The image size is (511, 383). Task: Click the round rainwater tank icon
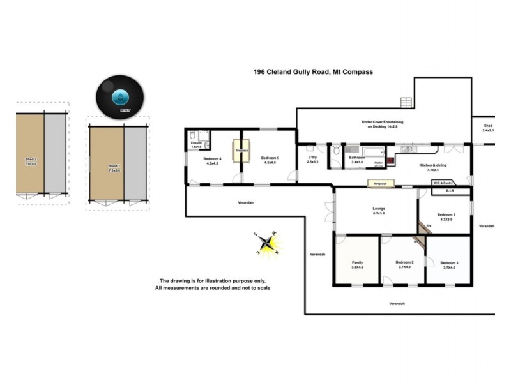coord(119,96)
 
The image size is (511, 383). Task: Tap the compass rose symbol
coord(268,243)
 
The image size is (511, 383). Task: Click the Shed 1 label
coord(114,169)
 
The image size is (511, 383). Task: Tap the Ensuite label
coord(196,146)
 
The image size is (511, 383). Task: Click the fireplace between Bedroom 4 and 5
coord(241,150)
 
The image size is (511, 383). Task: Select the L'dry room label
coord(312,159)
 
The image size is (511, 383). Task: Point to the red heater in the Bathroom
coord(379,163)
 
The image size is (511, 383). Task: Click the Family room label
coord(357,264)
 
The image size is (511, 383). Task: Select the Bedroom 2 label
coord(404,264)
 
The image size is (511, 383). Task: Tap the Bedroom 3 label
coord(450,264)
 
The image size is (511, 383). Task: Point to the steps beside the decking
coord(405,102)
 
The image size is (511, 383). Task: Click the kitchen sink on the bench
coord(408,149)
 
